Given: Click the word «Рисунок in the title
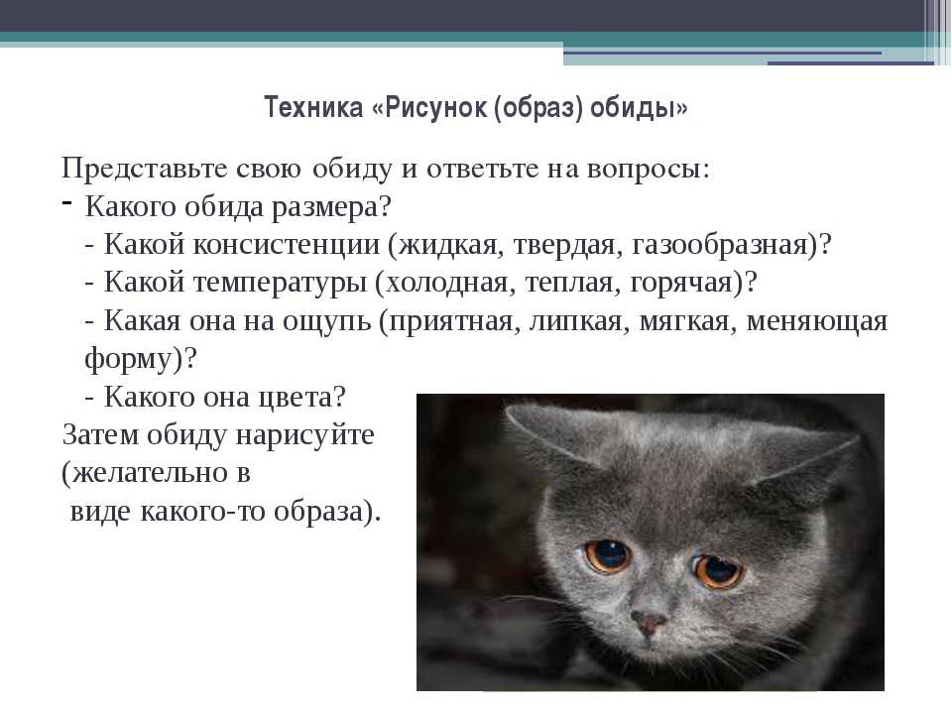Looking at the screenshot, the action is coord(428,108).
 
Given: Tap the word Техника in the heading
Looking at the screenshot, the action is coord(313,107).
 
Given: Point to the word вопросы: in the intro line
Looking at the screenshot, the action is coord(648,170).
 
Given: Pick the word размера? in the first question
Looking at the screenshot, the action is coord(331,207).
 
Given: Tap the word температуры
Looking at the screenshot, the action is coord(280,284).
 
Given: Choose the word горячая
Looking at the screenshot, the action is coord(680,284).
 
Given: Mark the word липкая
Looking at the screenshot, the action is coord(576,321).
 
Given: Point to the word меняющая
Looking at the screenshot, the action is coord(816,321).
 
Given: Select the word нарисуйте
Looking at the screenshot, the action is coord(304,436).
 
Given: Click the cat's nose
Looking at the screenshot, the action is coord(650,622).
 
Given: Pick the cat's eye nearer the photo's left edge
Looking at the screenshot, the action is coord(608,555).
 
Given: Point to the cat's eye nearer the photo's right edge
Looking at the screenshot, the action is coord(719,570).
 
